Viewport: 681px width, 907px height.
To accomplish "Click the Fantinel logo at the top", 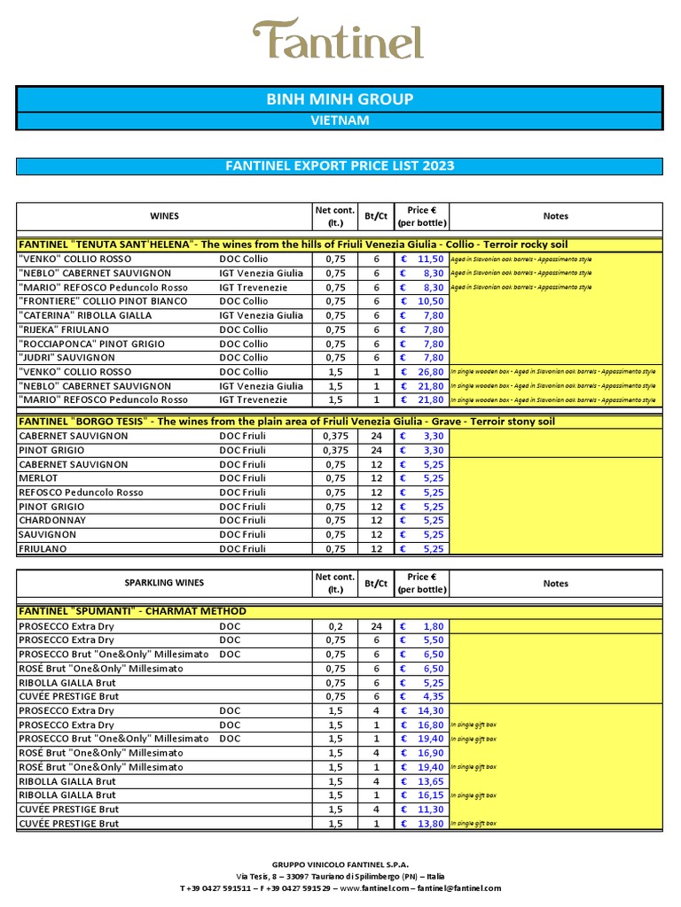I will click(338, 40).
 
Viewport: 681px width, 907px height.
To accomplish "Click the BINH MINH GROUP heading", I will click(340, 99).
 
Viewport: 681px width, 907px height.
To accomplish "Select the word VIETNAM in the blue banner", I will click(340, 120).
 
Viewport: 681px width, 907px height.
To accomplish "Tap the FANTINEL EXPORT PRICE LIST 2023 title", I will click(340, 166).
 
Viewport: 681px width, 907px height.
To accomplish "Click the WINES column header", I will click(164, 216).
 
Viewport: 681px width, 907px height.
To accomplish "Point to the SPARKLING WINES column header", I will click(164, 583).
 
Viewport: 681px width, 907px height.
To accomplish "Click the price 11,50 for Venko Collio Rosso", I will click(430, 259).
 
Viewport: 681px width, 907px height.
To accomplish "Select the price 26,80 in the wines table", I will click(430, 372).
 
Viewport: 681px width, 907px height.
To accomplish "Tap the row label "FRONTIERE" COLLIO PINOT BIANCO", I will click(103, 301).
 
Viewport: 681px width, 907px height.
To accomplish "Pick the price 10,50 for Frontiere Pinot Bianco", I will click(430, 301).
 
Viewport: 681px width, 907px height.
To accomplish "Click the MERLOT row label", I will click(38, 478).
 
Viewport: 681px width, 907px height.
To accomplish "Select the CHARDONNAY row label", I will click(51, 521).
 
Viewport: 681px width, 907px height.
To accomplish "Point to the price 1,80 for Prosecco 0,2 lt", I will click(432, 626).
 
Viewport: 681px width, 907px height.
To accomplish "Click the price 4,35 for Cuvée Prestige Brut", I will click(432, 697).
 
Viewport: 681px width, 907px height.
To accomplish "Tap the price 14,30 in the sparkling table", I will click(430, 711).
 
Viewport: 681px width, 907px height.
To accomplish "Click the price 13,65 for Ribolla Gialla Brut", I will click(430, 781).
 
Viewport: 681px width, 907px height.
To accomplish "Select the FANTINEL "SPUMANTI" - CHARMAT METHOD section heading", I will click(133, 611).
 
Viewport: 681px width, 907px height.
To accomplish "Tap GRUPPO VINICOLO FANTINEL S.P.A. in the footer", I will click(340, 864).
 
